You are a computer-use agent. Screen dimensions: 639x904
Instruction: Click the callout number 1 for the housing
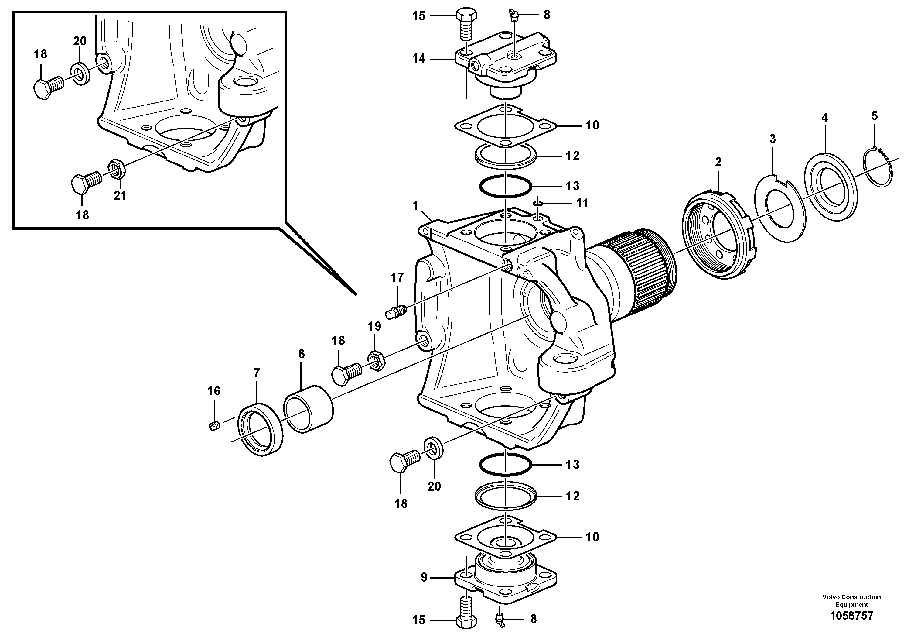(415, 205)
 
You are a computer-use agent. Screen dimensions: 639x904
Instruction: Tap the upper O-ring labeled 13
(506, 186)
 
